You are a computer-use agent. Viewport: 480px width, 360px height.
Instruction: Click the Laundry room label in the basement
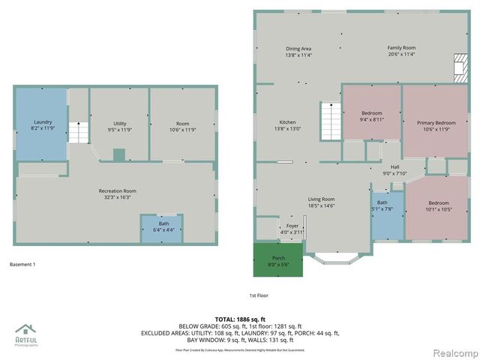pyautogui.click(x=42, y=125)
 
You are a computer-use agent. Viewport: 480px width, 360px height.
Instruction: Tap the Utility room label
pyautogui.click(x=120, y=126)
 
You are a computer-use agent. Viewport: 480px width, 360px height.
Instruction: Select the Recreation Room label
pyautogui.click(x=117, y=194)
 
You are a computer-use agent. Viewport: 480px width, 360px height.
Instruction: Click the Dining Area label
pyautogui.click(x=298, y=52)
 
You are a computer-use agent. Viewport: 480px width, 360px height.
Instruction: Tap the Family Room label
pyautogui.click(x=401, y=52)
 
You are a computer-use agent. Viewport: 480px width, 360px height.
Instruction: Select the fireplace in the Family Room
pyautogui.click(x=458, y=68)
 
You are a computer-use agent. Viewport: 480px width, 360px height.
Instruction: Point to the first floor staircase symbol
pyautogui.click(x=331, y=121)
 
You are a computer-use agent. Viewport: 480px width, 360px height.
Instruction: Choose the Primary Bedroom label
pyautogui.click(x=436, y=125)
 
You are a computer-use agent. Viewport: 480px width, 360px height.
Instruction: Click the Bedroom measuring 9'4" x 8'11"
pyautogui.click(x=372, y=116)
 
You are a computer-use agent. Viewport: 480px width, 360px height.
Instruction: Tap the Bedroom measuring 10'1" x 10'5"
pyautogui.click(x=439, y=206)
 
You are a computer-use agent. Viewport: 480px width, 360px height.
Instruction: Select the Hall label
pyautogui.click(x=394, y=169)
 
